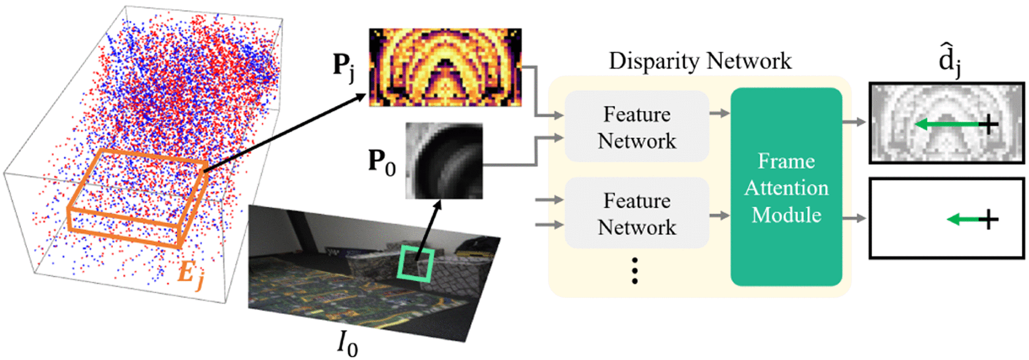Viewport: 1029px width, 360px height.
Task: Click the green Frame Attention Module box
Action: tap(786, 187)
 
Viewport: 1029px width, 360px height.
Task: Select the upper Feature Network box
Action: tap(637, 127)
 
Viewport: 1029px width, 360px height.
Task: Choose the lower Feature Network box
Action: tap(637, 213)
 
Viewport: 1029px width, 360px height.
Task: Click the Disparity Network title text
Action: tap(700, 61)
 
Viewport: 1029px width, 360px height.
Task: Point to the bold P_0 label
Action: tap(381, 162)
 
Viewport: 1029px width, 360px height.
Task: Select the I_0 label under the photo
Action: tap(347, 343)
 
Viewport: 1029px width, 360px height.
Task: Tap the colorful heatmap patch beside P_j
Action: tap(445, 67)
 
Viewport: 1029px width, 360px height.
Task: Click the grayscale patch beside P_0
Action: tap(444, 160)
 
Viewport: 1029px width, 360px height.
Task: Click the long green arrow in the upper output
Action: tap(947, 124)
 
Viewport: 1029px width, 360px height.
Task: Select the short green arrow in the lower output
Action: tap(962, 220)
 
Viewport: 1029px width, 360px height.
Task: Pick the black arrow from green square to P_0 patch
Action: tap(428, 229)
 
